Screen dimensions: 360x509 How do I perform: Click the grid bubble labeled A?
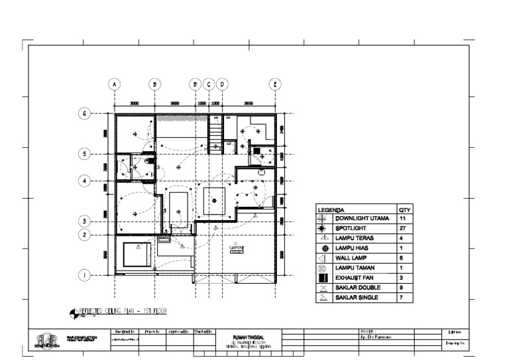115,84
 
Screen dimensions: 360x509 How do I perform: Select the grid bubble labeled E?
275,84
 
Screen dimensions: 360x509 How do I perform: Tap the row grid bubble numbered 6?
85,113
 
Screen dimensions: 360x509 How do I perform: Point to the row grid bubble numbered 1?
85,274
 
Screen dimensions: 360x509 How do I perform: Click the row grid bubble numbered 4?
85,180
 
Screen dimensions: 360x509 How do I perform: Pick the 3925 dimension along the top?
249,103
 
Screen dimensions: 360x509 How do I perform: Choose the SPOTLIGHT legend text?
351,228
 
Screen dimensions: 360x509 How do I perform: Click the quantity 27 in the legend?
404,228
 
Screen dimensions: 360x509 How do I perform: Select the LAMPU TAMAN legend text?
355,268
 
